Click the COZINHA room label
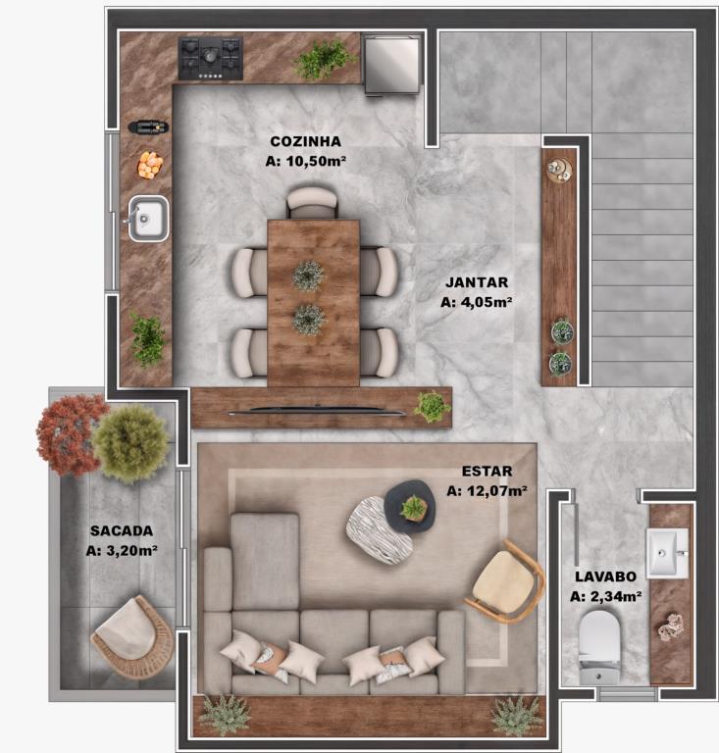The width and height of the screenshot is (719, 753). [305, 141]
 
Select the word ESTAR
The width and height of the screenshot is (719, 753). [488, 471]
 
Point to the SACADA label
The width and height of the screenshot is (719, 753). [122, 530]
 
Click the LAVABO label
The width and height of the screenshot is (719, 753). [605, 577]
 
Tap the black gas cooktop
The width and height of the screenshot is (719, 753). [210, 58]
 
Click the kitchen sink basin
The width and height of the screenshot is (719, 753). [148, 219]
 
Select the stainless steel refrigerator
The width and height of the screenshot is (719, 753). [391, 65]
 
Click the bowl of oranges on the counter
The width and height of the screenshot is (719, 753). [150, 165]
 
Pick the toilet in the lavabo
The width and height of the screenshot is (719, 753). [599, 647]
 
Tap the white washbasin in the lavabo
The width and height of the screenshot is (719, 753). [667, 553]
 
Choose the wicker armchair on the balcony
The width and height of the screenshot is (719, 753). [132, 636]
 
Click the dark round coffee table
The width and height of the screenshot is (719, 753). [410, 506]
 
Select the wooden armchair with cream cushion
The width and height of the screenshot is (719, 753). [504, 580]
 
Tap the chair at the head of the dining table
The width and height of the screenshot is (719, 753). [312, 202]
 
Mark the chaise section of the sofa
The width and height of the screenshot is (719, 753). [265, 562]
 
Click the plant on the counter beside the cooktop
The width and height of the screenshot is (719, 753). [325, 59]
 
